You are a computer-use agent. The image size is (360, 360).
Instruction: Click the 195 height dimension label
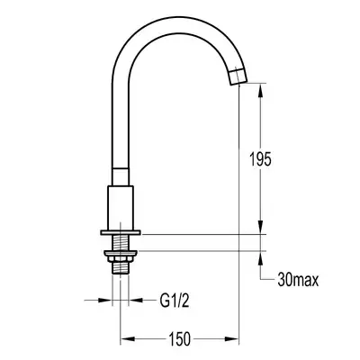tap(260, 159)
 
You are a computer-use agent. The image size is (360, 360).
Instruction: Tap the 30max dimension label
tap(298, 280)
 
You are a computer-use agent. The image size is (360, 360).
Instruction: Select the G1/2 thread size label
tap(175, 301)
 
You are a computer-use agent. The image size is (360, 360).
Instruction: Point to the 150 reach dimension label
tap(179, 338)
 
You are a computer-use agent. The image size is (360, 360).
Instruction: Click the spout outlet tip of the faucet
tap(238, 76)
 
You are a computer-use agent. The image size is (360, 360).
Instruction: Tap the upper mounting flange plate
tap(121, 232)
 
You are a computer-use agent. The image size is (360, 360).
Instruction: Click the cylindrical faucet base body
tap(121, 208)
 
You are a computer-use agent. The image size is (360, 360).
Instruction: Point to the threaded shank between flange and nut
tap(121, 243)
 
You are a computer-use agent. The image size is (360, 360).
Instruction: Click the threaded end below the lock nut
tap(121, 268)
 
